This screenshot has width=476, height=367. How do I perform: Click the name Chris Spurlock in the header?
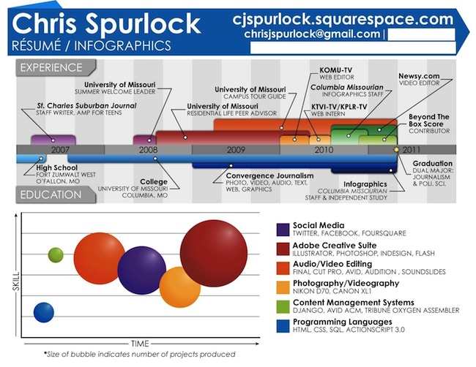coord(106,23)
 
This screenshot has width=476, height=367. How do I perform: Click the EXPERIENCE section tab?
coord(51,68)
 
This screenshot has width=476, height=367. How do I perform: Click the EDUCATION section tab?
coord(51,195)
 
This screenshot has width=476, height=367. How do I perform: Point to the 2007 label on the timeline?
coord(59,149)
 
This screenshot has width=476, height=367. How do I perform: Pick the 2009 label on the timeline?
coord(235,149)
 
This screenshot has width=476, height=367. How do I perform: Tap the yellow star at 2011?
coord(397,149)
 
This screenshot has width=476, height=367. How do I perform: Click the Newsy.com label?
coord(419,77)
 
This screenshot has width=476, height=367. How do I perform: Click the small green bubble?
coord(56,255)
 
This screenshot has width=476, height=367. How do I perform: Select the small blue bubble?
coord(44,312)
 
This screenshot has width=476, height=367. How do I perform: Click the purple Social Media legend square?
coord(283,229)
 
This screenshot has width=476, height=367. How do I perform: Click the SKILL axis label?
coord(15,278)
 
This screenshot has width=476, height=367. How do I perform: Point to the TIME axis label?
coord(140,343)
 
